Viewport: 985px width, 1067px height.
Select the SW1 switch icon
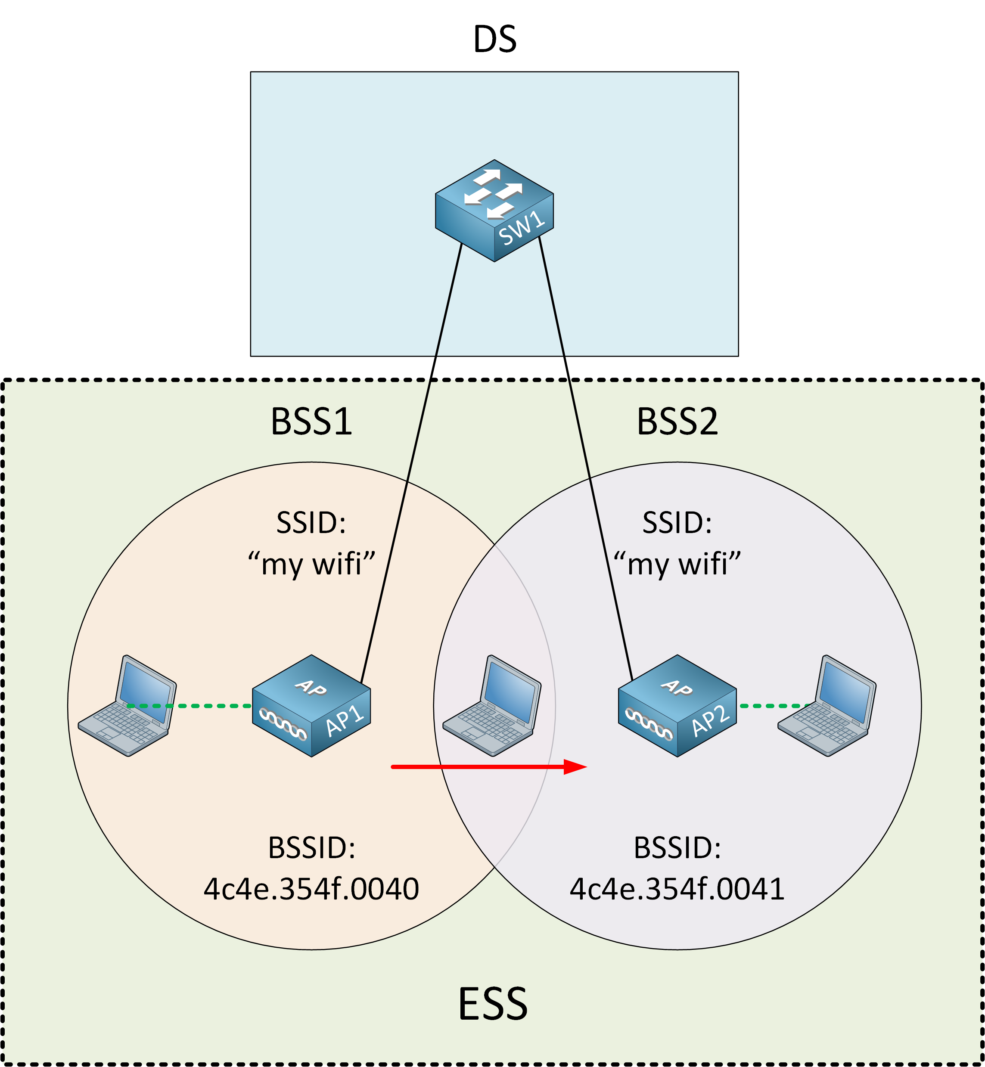pyautogui.click(x=494, y=211)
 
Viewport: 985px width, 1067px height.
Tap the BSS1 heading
pyautogui.click(x=311, y=422)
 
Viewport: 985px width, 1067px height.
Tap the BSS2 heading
pyautogui.click(x=677, y=422)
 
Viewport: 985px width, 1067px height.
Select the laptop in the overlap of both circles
pyautogui.click(x=492, y=706)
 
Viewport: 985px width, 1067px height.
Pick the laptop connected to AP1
pyautogui.click(x=127, y=706)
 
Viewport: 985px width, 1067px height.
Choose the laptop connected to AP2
pyautogui.click(x=827, y=706)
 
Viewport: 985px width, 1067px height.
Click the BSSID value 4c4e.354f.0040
pyautogui.click(x=311, y=889)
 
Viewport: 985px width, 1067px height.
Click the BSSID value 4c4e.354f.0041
pyautogui.click(x=677, y=889)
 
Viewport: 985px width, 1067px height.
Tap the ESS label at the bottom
pyautogui.click(x=493, y=1005)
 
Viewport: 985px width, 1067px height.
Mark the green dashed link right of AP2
pyautogui.click(x=773, y=706)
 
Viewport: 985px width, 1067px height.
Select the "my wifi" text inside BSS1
pyautogui.click(x=311, y=565)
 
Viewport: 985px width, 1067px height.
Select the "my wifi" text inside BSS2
pyautogui.click(x=677, y=565)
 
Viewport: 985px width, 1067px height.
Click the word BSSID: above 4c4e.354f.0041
pyautogui.click(x=677, y=848)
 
